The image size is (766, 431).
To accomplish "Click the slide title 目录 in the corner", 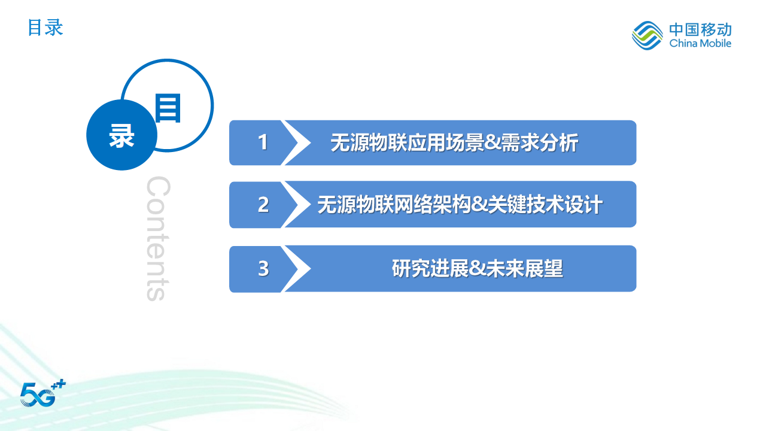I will [45, 28].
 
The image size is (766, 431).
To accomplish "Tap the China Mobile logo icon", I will [647, 35].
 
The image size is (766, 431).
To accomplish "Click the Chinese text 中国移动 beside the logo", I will [700, 29].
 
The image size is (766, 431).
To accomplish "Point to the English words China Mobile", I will [700, 43].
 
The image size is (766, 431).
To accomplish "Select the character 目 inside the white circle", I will [168, 108].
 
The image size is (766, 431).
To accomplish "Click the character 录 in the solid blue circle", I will [121, 136].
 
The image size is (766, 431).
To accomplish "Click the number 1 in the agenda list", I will [263, 142].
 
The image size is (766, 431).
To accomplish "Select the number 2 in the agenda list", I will [263, 205].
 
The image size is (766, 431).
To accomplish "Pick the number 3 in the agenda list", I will [263, 269].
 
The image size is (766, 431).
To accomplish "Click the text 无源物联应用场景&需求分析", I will [454, 143].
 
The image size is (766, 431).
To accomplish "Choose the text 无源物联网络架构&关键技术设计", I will [460, 205].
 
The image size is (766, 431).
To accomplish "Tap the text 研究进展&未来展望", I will [478, 269].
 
